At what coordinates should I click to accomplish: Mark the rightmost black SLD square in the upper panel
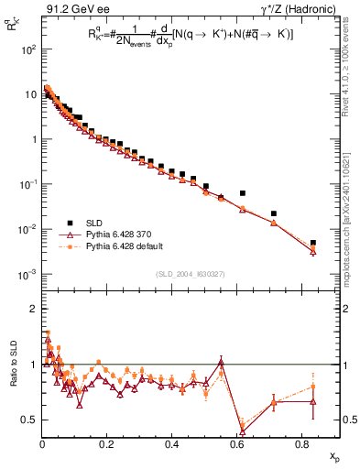(x=313, y=243)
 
